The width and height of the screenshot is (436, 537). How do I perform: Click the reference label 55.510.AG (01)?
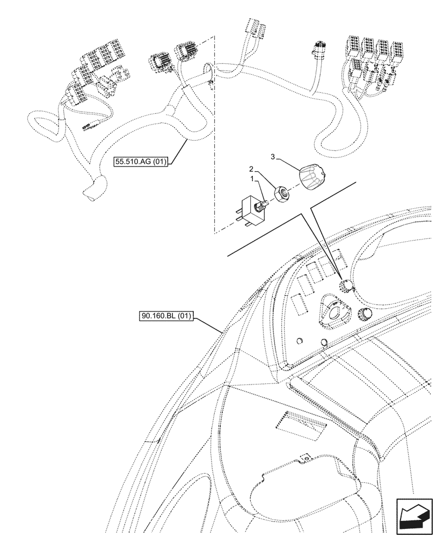141,161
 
